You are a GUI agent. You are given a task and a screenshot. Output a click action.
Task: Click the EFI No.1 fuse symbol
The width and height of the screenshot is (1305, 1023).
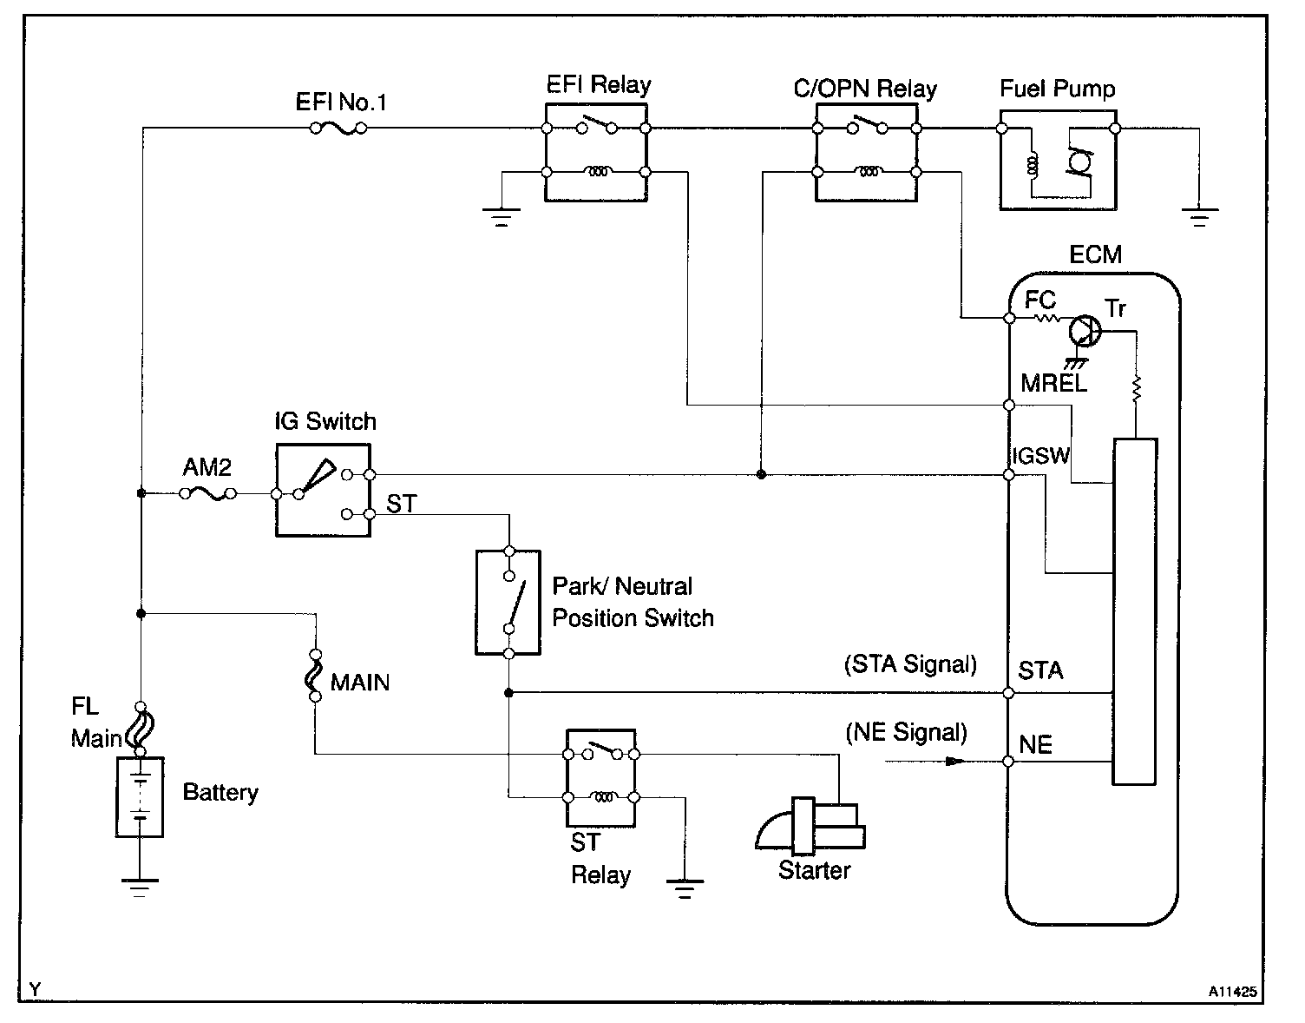pyautogui.click(x=338, y=129)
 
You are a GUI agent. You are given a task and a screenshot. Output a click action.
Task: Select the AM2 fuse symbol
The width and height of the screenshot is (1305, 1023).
pyautogui.click(x=208, y=493)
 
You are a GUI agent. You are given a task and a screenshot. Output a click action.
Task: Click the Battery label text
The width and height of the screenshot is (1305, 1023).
pyautogui.click(x=220, y=793)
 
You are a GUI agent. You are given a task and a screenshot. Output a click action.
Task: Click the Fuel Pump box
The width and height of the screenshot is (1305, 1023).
pyautogui.click(x=1058, y=160)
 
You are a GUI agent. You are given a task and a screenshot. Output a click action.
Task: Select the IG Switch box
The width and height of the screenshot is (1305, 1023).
pyautogui.click(x=323, y=490)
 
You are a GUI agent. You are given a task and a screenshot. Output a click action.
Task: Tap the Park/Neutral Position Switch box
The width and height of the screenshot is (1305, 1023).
pyautogui.click(x=508, y=602)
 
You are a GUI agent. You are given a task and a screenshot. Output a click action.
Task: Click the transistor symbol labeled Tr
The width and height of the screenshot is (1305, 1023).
pyautogui.click(x=1084, y=330)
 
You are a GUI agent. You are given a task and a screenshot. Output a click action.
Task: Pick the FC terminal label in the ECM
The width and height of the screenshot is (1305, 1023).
pyautogui.click(x=1040, y=300)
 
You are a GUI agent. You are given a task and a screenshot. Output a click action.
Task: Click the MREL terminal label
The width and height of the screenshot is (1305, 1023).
pyautogui.click(x=1053, y=383)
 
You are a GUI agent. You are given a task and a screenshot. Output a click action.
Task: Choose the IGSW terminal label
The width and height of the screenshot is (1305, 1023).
pyautogui.click(x=1041, y=456)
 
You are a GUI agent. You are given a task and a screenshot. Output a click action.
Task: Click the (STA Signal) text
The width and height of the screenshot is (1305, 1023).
pyautogui.click(x=910, y=665)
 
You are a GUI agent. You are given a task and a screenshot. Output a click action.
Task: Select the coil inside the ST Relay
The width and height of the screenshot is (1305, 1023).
pyautogui.click(x=601, y=796)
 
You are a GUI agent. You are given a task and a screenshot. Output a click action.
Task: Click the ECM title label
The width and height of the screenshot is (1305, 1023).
pyautogui.click(x=1095, y=255)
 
